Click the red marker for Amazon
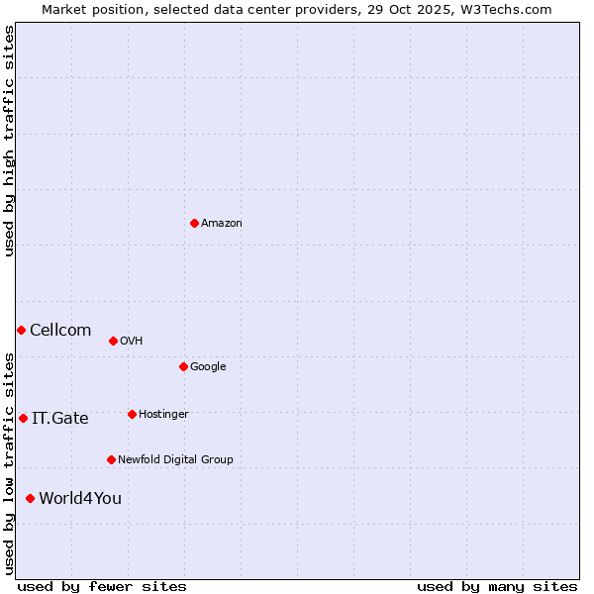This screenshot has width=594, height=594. (194, 223)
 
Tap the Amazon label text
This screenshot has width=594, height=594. (222, 224)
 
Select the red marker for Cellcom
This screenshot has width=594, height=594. (21, 330)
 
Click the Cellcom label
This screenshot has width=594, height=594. (60, 331)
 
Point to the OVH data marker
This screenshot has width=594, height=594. (113, 341)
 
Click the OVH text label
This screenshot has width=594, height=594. (132, 342)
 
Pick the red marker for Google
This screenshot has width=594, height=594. (183, 366)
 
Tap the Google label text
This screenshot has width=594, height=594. (208, 367)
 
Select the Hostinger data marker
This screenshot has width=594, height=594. (132, 414)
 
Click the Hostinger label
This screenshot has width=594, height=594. (163, 415)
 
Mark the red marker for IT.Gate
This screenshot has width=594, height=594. (23, 418)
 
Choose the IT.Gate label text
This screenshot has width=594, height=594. (60, 419)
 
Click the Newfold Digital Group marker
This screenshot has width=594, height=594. (111, 459)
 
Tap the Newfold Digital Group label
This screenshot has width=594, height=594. (175, 460)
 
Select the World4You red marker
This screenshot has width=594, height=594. (30, 498)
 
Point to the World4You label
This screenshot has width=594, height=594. (80, 499)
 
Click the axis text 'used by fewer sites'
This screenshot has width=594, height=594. (102, 586)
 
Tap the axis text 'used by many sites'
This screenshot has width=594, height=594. (497, 586)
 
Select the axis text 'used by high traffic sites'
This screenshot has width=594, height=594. (9, 141)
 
